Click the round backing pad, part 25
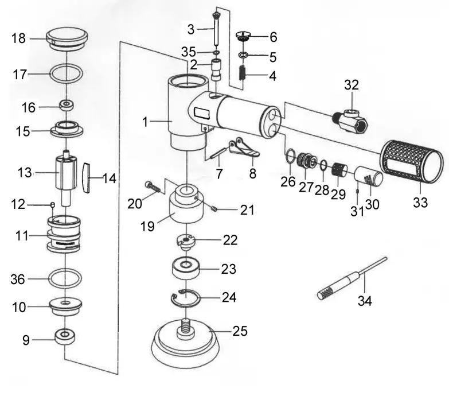click(x=182, y=344)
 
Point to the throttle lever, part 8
click(x=244, y=149)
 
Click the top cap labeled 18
click(x=67, y=38)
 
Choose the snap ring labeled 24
click(x=186, y=298)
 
